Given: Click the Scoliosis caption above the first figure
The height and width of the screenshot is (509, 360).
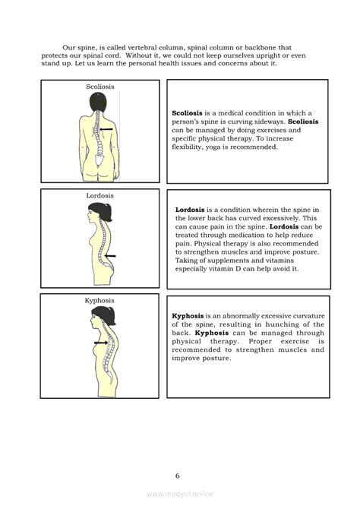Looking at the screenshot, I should [100, 87].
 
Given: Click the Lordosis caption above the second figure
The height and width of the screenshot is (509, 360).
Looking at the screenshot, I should [100, 195].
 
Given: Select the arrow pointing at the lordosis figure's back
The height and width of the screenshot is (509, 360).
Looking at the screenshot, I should [111, 257].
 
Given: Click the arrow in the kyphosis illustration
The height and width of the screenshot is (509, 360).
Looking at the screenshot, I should [99, 343].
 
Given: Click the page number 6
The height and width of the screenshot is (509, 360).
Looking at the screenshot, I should [178, 476].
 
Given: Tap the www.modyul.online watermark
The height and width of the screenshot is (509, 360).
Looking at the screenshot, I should [180, 494].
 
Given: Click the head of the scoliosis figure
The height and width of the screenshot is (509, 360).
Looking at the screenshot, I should [99, 103].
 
